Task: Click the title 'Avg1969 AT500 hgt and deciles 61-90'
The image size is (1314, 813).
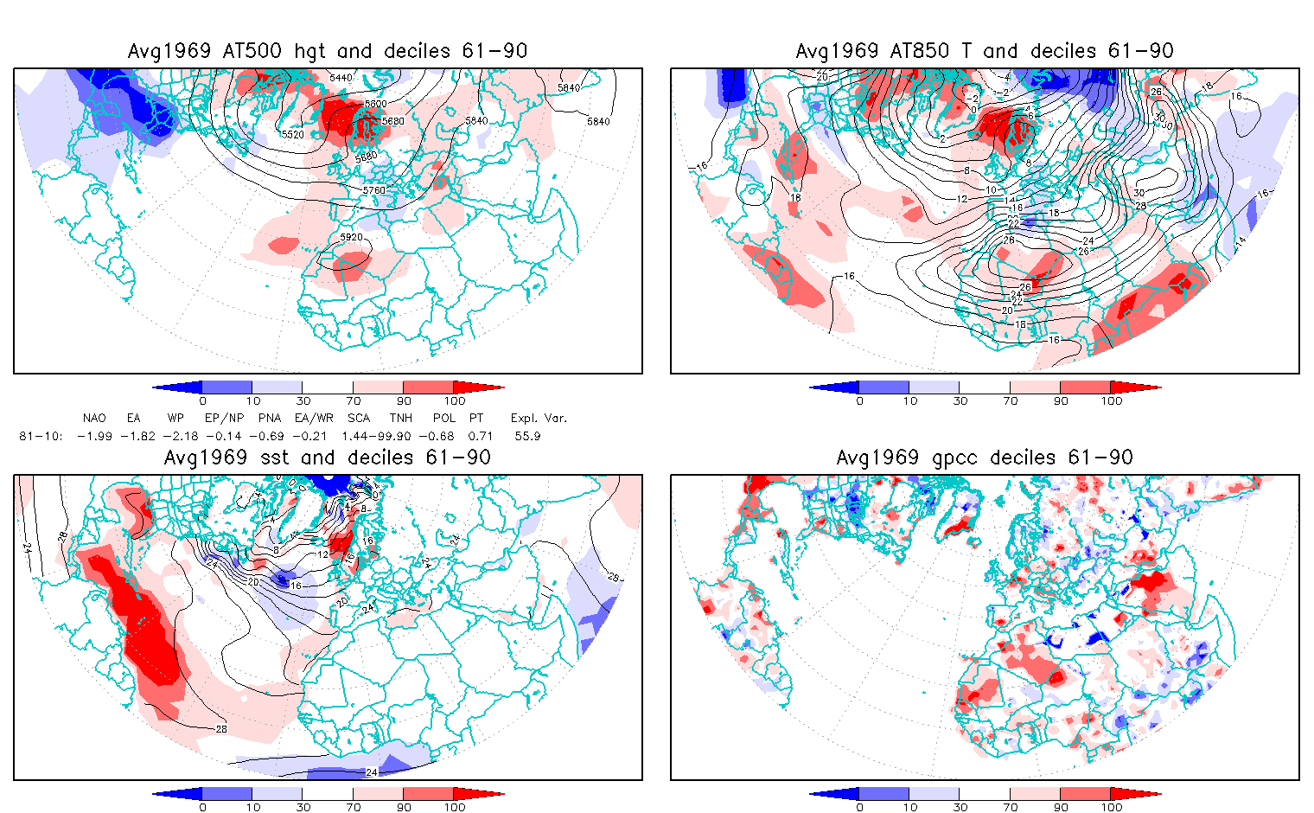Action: click(x=328, y=51)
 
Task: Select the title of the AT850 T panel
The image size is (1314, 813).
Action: click(x=985, y=51)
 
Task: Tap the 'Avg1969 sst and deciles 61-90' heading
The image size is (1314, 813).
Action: click(x=328, y=458)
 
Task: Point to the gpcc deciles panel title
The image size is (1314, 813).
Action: click(x=985, y=458)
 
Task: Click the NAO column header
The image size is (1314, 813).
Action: click(x=94, y=419)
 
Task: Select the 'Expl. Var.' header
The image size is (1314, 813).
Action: click(x=539, y=419)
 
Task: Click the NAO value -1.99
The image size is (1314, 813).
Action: click(x=94, y=436)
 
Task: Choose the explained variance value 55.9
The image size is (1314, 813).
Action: click(x=527, y=436)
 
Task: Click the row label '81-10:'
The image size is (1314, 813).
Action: click(x=41, y=436)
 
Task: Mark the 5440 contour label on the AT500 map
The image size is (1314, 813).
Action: click(x=341, y=78)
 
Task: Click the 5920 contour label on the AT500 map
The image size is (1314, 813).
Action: click(x=351, y=237)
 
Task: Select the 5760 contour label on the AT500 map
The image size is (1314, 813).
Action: click(x=374, y=189)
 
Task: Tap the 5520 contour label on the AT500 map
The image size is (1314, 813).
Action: click(x=292, y=135)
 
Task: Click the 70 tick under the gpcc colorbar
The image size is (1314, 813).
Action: click(x=1010, y=807)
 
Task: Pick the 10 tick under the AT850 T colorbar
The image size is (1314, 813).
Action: click(x=909, y=400)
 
